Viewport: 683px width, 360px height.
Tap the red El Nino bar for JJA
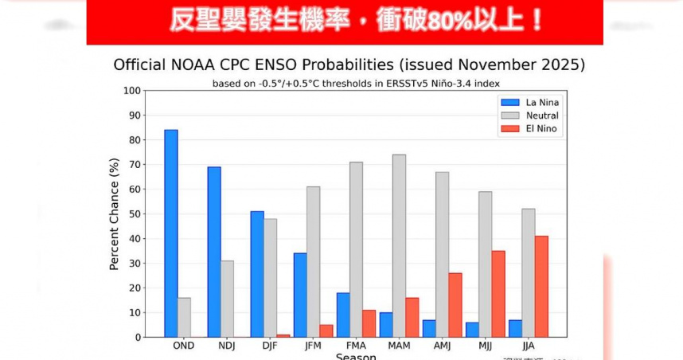[x=541, y=286]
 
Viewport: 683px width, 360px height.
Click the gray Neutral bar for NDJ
[x=227, y=299]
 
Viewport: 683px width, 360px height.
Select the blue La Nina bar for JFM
[x=300, y=295]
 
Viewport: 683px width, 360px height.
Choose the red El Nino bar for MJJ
[x=498, y=294]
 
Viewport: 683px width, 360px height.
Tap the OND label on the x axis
[x=184, y=346]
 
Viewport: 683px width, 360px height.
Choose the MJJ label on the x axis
[x=485, y=346]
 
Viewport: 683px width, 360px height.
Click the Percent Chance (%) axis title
[x=114, y=213]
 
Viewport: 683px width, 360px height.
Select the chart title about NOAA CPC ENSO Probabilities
[x=349, y=65]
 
